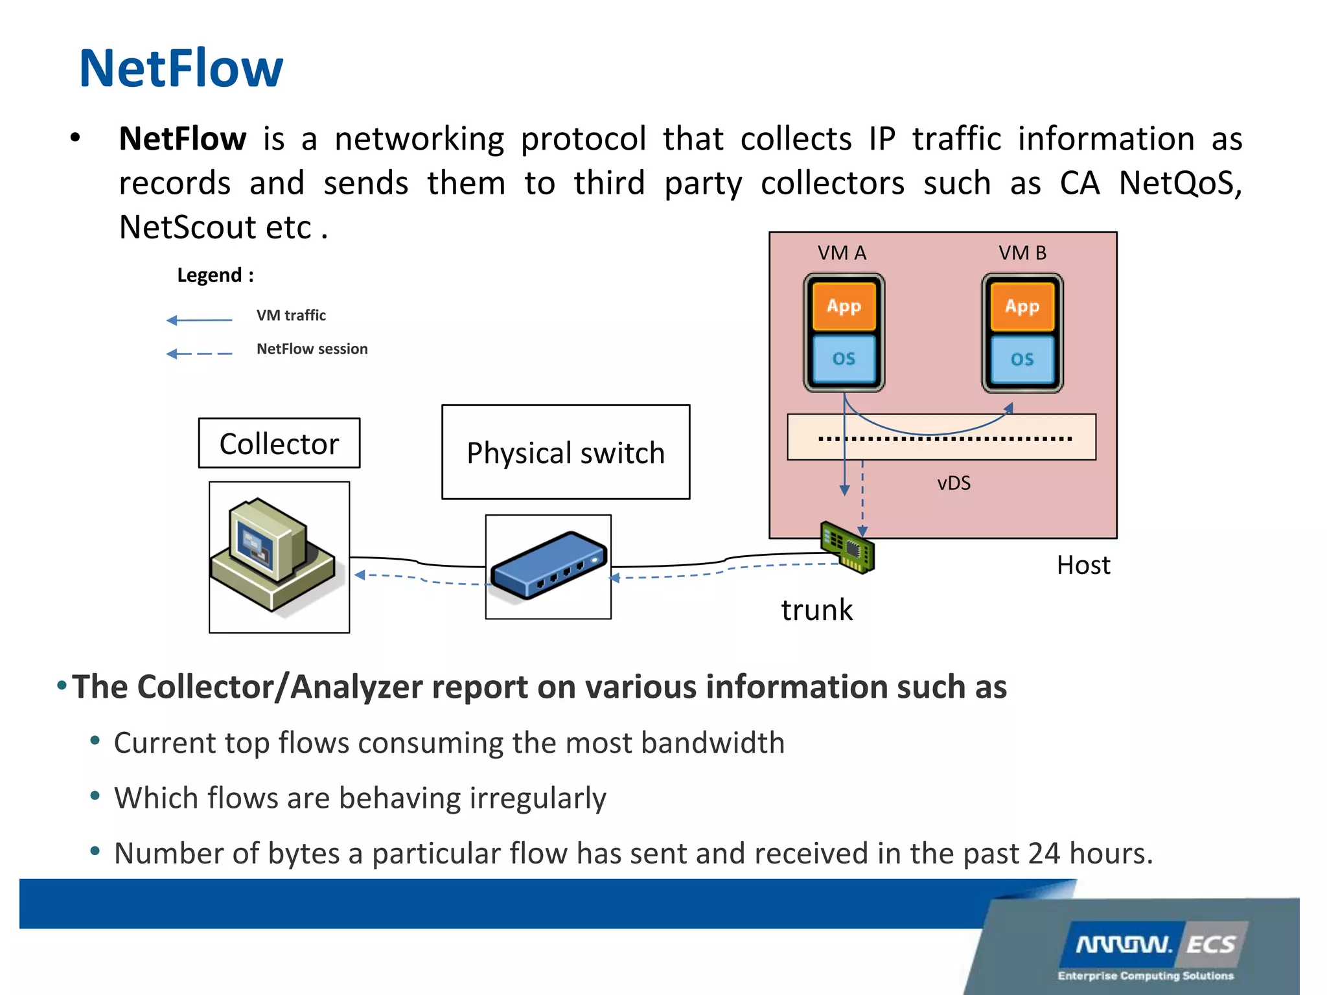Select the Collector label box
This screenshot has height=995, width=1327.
pyautogui.click(x=279, y=444)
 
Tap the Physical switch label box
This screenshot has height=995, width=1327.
pyautogui.click(x=565, y=452)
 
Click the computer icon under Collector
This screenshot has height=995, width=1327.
pyautogui.click(x=275, y=556)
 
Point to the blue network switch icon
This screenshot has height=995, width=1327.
pyautogui.click(x=548, y=566)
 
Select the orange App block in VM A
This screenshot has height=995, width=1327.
pyautogui.click(x=844, y=306)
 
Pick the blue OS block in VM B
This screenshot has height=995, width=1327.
pyautogui.click(x=1022, y=359)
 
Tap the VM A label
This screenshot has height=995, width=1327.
pyautogui.click(x=842, y=253)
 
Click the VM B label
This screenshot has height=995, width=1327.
pyautogui.click(x=1022, y=253)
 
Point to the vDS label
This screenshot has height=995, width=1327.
pyautogui.click(x=954, y=483)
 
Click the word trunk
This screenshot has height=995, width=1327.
pyautogui.click(x=816, y=610)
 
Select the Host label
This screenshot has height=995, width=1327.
pyautogui.click(x=1083, y=565)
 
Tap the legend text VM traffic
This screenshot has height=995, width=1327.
pyautogui.click(x=291, y=315)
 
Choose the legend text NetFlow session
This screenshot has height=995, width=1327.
pyautogui.click(x=312, y=349)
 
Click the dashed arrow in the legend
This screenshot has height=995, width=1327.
pyautogui.click(x=199, y=354)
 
